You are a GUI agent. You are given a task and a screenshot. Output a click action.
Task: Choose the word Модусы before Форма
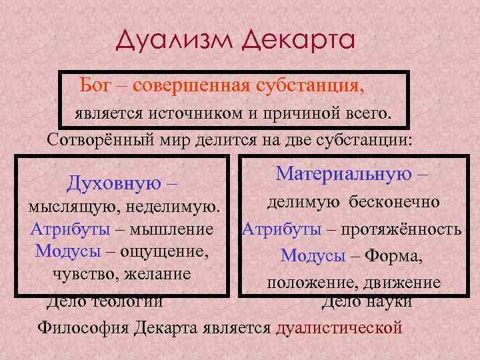click(313, 256)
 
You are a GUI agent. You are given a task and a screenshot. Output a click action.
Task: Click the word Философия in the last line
click(82, 328)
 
